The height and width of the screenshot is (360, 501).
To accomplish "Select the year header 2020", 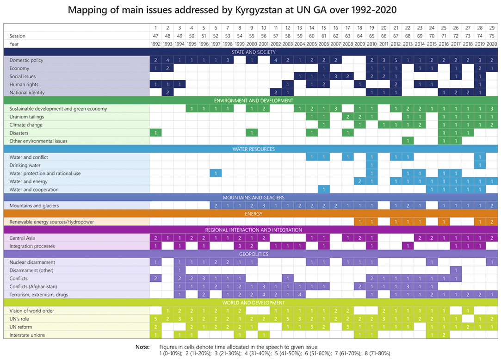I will click(x=492, y=44).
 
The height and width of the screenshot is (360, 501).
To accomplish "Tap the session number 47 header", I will click(x=156, y=36).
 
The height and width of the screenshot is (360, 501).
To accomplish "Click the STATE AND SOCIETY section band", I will click(x=250, y=52).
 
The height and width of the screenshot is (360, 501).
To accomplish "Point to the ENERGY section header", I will click(x=250, y=214).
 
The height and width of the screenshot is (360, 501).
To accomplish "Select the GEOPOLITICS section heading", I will click(x=250, y=254).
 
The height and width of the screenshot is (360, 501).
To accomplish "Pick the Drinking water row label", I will click(x=25, y=165).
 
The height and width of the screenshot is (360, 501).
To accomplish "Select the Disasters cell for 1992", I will click(x=156, y=133).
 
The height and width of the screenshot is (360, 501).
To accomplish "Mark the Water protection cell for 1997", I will click(x=216, y=173).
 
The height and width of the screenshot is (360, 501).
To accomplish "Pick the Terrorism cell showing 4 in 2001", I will click(x=264, y=295).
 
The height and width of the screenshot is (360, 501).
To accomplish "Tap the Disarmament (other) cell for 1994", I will click(x=180, y=270).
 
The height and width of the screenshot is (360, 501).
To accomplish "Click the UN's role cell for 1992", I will click(x=156, y=319).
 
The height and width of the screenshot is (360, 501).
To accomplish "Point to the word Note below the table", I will click(x=142, y=347).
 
